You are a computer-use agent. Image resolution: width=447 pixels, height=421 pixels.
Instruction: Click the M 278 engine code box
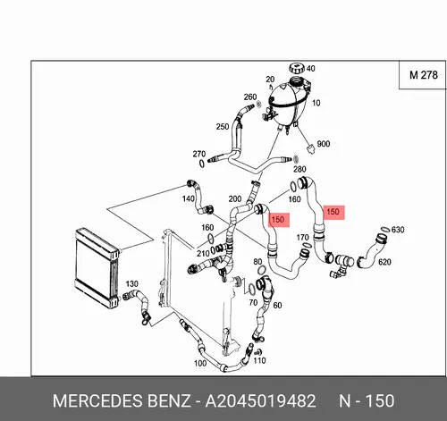[423, 75]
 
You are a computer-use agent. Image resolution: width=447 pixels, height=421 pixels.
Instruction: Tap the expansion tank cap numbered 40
[297, 68]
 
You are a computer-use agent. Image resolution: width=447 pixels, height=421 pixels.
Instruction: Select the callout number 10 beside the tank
[316, 103]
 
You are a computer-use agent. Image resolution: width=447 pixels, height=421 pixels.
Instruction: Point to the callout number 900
[324, 144]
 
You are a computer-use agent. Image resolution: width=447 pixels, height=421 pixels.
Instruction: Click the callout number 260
[250, 97]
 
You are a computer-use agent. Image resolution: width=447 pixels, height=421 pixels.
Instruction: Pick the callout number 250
[223, 127]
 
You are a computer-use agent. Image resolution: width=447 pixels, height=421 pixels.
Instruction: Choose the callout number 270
[199, 154]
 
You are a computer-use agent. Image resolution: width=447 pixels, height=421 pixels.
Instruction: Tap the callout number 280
[299, 169]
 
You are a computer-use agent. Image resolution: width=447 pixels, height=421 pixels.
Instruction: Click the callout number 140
[189, 198]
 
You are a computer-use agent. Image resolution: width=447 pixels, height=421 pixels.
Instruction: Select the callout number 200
[235, 198]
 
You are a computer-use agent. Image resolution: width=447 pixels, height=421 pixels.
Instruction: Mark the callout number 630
[398, 230]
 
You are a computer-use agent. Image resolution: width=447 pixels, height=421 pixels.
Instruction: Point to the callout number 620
[384, 262]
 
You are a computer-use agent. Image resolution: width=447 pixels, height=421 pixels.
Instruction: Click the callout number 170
[302, 237]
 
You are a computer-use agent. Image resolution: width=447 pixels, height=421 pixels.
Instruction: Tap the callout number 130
[131, 283]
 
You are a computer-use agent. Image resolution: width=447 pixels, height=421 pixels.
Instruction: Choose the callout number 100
[200, 363]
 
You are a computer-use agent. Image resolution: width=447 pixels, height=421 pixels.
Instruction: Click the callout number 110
[259, 360]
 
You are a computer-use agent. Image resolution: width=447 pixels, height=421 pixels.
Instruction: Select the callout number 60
[277, 305]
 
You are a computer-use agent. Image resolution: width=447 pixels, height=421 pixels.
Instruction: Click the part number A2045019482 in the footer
[260, 400]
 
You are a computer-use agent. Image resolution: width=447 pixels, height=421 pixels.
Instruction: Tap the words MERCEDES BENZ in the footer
[122, 400]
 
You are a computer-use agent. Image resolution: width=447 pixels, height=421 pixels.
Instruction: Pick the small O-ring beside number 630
[384, 229]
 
